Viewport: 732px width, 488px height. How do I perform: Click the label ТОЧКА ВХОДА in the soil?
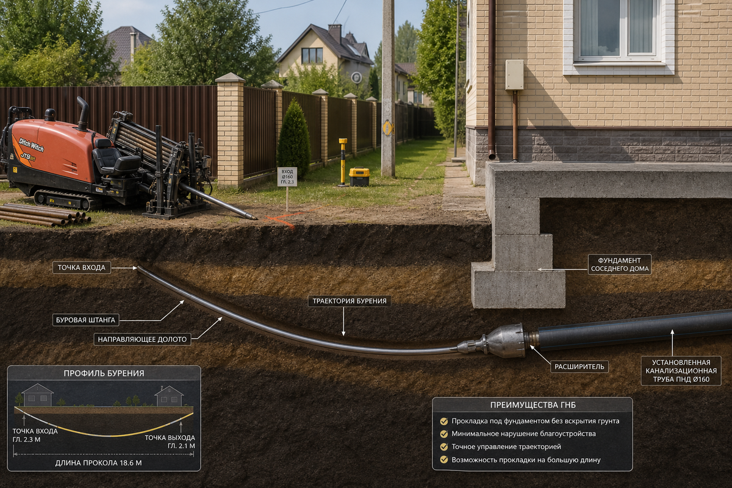coord(82,267)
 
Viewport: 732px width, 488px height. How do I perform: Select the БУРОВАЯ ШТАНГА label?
coord(85,320)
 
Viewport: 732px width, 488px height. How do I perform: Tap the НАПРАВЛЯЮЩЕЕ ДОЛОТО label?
coord(142,339)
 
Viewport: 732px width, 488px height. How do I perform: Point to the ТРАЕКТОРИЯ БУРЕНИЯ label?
coord(350,301)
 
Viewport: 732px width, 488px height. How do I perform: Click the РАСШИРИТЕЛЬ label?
coord(579,367)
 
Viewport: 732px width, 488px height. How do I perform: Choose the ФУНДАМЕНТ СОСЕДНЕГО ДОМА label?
coord(620,264)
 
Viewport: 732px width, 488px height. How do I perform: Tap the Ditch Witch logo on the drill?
coord(31,144)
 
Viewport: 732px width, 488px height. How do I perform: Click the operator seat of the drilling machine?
coord(115,157)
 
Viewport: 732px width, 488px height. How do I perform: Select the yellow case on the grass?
coord(359,177)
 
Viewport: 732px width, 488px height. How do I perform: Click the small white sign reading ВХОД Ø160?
coord(287,177)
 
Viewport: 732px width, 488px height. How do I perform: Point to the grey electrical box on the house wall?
coord(514,75)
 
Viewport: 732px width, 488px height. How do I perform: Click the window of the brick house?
coord(619,32)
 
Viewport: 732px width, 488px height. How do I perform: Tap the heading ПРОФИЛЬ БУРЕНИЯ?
coord(104,373)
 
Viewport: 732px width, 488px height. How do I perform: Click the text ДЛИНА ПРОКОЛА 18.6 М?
coord(98,463)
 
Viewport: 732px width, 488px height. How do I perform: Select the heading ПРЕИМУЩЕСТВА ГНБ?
coord(533,405)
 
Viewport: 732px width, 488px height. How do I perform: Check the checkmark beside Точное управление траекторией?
coord(444,447)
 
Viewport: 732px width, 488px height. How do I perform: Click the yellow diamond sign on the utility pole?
coord(388,128)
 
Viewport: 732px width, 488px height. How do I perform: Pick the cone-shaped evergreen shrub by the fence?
coord(293,140)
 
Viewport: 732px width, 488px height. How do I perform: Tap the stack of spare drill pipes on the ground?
coord(45,215)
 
